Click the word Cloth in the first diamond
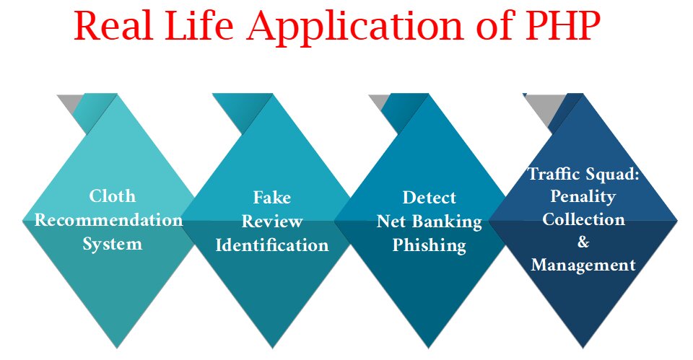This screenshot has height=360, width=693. pos(112,196)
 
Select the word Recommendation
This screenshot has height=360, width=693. pos(108,219)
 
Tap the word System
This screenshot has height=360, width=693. pos(112,244)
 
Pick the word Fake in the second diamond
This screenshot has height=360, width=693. pos(271,197)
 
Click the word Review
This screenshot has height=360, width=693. pos(271,221)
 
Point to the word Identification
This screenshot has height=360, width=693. pos(272,245)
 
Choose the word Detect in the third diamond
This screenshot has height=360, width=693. pos(429,197)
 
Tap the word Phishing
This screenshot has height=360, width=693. pos(429,245)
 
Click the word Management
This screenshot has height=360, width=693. pos(583,265)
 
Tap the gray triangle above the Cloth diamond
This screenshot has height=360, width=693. pos(69,104)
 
